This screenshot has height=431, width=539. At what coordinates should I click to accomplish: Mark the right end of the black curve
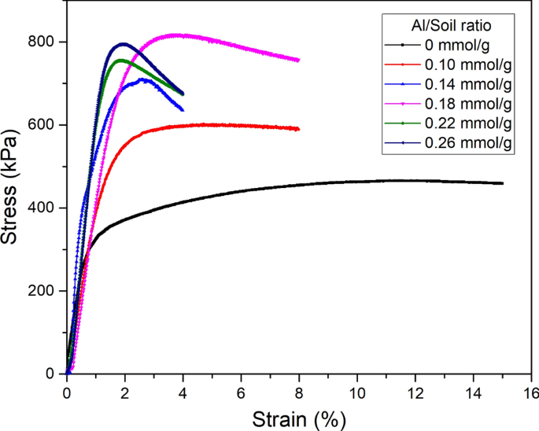point(502,183)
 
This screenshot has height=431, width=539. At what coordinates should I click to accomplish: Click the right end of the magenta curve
point(298,60)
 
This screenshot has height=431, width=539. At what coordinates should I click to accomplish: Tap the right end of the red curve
point(298,129)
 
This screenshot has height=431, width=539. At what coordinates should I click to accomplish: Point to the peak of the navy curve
point(123,44)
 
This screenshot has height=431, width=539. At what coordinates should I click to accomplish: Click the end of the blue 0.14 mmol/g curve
point(183,109)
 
